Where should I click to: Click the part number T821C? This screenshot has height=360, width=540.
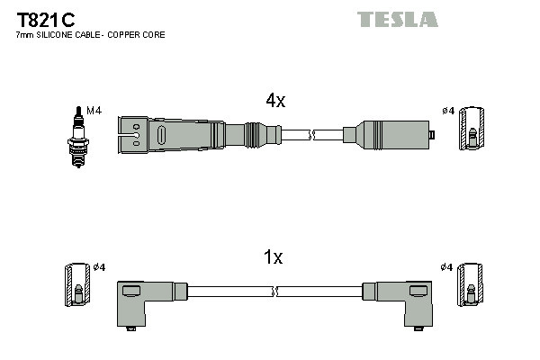(x=44, y=19)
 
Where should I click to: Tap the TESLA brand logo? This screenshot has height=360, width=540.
(x=397, y=19)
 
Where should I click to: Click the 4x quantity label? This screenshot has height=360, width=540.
(x=275, y=102)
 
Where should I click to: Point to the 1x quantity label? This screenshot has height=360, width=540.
(x=273, y=258)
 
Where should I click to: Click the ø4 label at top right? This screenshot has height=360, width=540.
(x=448, y=111)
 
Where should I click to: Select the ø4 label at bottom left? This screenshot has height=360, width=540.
(x=99, y=267)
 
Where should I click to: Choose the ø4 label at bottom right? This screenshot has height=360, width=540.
(x=447, y=267)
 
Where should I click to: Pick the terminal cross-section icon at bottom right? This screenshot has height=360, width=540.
(x=472, y=287)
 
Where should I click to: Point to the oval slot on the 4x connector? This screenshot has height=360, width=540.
(x=161, y=135)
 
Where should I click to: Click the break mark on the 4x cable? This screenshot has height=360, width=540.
(x=310, y=135)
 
